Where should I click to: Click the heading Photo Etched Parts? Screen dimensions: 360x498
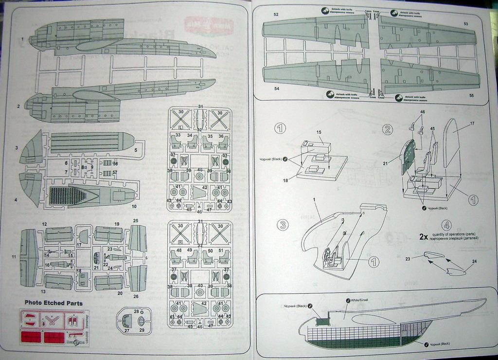tap(53, 303)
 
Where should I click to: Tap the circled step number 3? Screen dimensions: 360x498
tap(283, 225)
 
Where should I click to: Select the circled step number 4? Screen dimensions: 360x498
tap(446, 225)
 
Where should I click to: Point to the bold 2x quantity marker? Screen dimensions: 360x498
tap(424, 237)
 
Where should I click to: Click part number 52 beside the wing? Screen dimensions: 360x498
tap(276, 15)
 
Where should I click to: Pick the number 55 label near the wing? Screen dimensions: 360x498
tap(471, 95)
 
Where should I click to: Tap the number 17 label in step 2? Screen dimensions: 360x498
tap(471, 124)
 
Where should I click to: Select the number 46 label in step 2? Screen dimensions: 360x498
tap(422, 112)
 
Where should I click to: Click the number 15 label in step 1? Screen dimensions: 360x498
tap(319, 132)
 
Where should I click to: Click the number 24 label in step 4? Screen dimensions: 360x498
tap(474, 261)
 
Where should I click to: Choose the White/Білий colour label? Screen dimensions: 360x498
tap(360, 300)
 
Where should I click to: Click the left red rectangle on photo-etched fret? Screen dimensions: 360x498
tap(33, 337)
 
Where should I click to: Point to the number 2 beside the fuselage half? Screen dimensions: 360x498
tap(18, 106)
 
